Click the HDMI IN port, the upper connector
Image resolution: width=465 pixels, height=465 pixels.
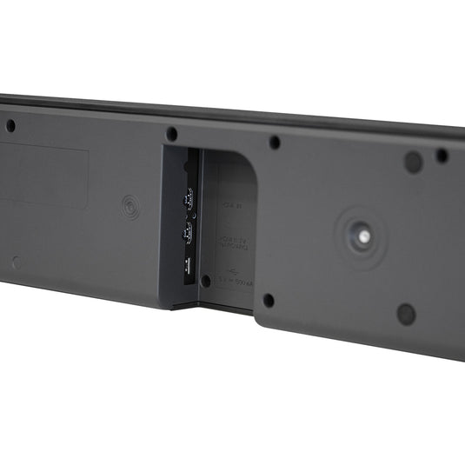(185, 199)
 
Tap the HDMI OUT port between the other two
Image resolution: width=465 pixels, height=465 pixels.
(185, 233)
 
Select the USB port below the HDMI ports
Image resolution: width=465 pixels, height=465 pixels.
(186, 266)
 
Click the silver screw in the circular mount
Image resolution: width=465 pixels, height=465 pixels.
(359, 235)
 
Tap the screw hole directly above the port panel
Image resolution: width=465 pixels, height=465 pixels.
(172, 134)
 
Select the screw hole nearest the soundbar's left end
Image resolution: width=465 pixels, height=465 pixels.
(10, 126)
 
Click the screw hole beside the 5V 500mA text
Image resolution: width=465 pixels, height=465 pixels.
(206, 281)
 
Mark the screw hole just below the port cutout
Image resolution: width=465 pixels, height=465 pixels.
(269, 301)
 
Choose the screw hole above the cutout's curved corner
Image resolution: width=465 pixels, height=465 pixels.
(275, 143)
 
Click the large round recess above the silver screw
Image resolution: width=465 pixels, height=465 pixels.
(414, 162)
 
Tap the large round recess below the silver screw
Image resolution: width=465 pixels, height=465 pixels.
(406, 314)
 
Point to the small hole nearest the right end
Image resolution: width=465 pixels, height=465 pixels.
(442, 156)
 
